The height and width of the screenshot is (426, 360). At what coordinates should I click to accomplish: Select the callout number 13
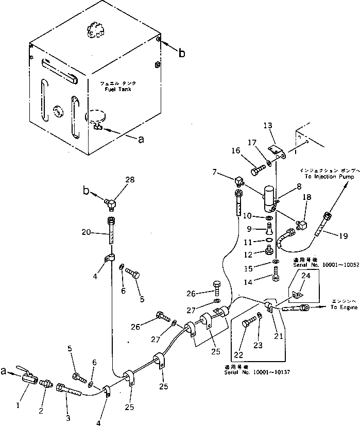[267, 126]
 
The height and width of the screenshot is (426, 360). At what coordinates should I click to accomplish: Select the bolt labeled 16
[257, 167]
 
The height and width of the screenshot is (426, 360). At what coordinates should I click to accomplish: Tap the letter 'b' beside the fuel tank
[181, 53]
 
